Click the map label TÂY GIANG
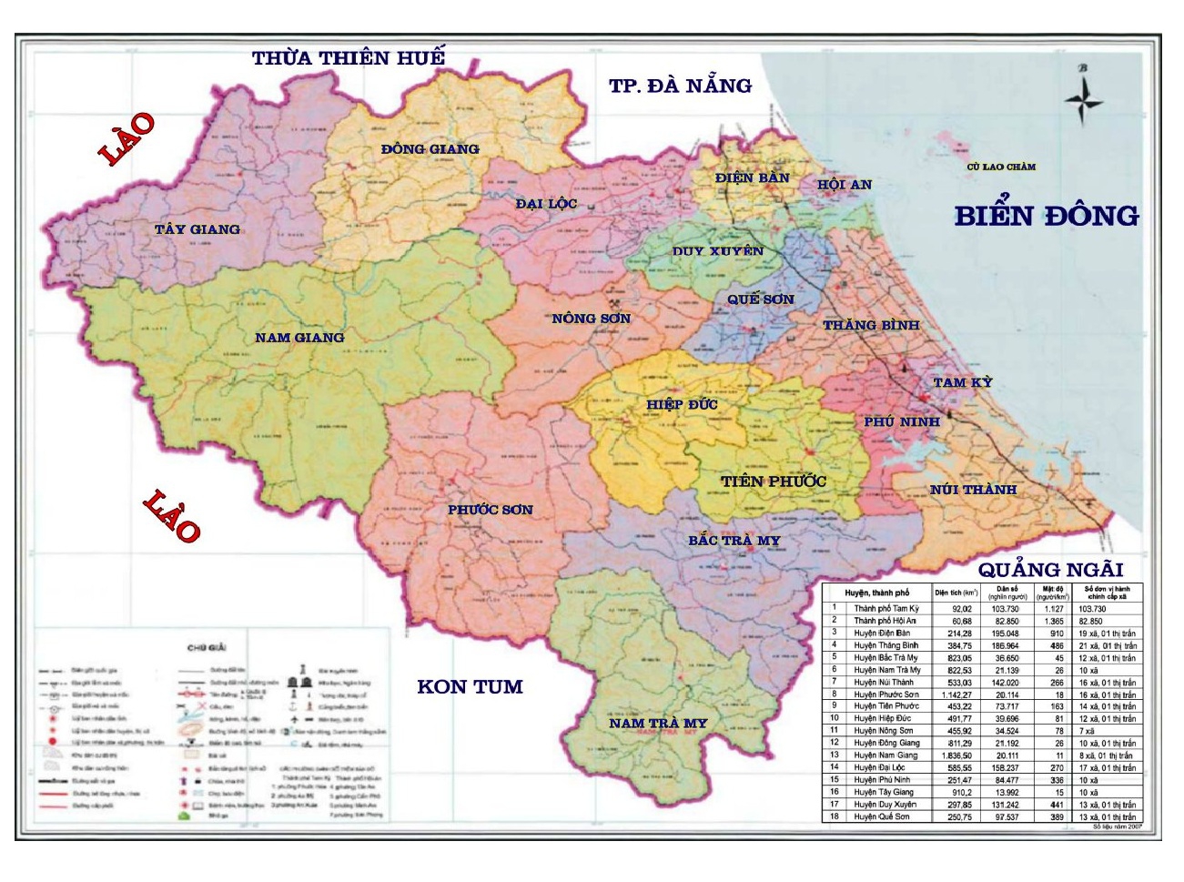click(x=197, y=229)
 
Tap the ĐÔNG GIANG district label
click(x=430, y=149)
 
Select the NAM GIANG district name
click(x=299, y=338)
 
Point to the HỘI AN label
click(x=844, y=185)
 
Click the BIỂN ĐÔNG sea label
click(x=1046, y=217)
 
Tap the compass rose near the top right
click(x=1083, y=99)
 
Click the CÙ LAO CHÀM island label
click(x=1001, y=167)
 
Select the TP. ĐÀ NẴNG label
click(x=680, y=86)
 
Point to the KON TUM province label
click(x=470, y=687)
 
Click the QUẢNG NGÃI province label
click(x=1050, y=571)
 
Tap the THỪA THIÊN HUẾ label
click(x=348, y=58)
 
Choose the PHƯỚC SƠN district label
click(x=490, y=510)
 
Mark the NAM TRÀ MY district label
click(x=658, y=724)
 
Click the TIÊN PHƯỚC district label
click(x=773, y=482)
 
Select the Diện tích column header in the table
click(x=956, y=593)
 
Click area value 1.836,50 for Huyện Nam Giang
click(x=960, y=755)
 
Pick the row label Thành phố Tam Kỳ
click(x=885, y=608)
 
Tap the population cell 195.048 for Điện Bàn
click(x=1006, y=633)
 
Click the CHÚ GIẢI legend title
click(x=207, y=648)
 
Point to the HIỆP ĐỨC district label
click(x=682, y=404)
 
